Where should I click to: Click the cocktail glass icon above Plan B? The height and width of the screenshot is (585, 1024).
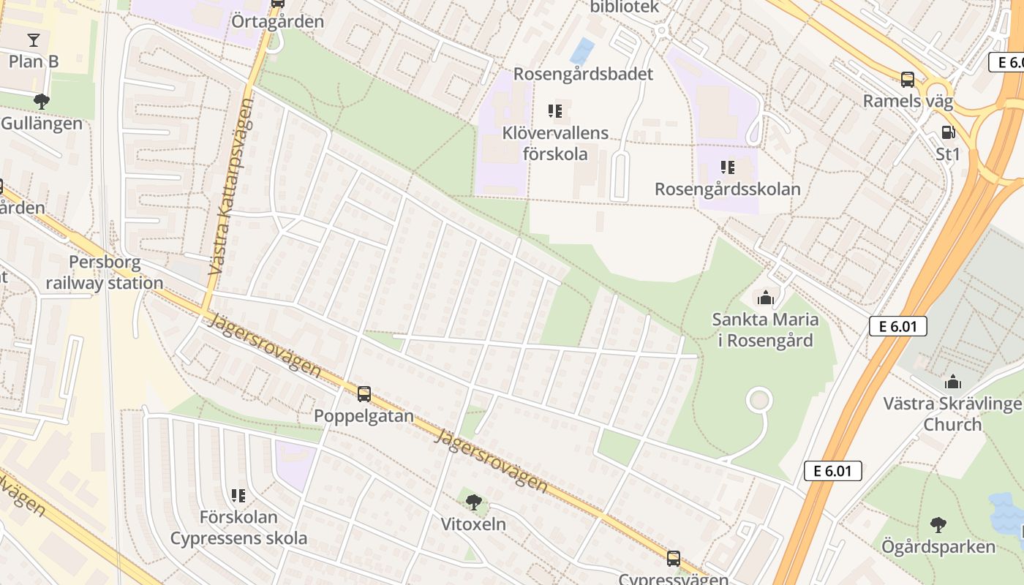point(34,39)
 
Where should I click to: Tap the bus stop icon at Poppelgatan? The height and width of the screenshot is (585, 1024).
point(364,394)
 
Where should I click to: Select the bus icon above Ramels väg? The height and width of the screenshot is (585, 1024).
point(908,80)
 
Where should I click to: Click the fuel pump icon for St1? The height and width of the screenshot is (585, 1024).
point(948,132)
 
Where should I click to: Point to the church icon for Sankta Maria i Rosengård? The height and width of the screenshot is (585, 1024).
point(766,298)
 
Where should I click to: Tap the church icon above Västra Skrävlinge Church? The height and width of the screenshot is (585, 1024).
point(952,382)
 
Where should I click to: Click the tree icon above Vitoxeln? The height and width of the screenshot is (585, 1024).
point(474,502)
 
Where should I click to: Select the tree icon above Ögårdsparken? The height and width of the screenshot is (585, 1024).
point(938,524)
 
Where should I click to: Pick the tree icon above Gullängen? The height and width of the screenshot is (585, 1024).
point(42,101)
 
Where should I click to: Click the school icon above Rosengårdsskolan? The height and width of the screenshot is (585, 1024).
point(727,167)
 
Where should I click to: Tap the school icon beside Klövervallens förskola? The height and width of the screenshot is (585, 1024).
point(555,111)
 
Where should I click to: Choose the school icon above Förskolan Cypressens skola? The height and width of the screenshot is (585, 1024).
point(238,496)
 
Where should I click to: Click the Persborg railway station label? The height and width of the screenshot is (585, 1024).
point(105,273)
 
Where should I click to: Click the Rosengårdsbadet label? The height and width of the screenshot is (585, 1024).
point(583,74)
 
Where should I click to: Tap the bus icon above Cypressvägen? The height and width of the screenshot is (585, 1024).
point(673,559)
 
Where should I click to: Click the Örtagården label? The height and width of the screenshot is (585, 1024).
point(277,21)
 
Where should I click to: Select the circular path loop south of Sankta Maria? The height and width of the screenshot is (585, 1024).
point(759,400)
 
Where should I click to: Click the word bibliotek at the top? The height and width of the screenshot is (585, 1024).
point(625,7)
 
